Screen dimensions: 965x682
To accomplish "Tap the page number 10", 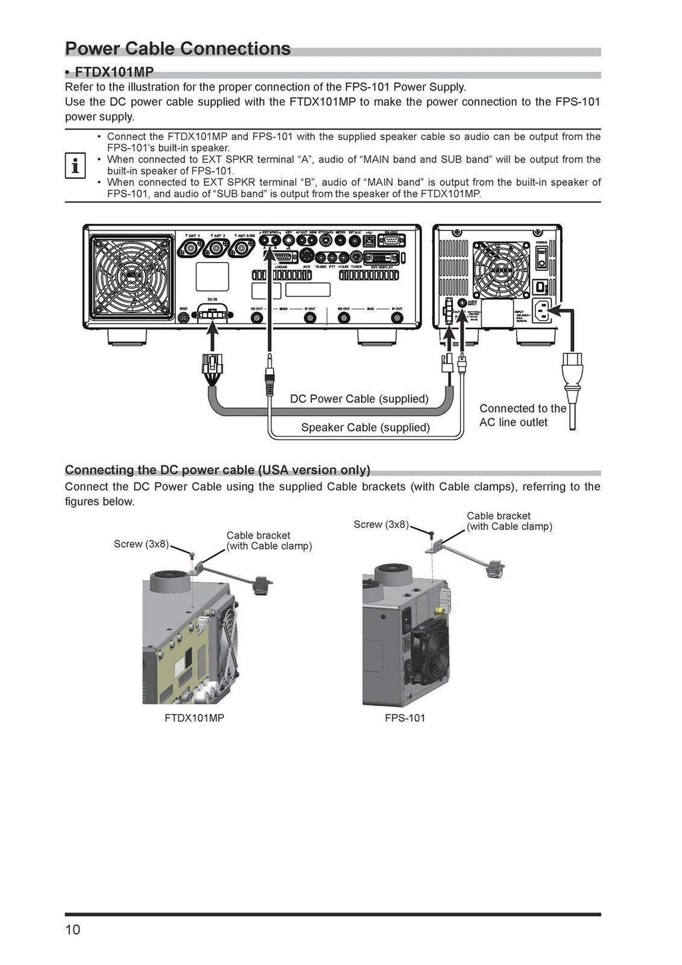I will (x=73, y=930).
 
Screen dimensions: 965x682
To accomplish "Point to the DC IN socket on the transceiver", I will (x=212, y=314).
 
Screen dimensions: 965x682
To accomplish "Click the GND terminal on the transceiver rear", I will (x=184, y=318).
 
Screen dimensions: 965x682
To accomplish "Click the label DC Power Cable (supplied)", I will (x=359, y=399).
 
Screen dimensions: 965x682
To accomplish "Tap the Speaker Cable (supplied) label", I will (x=365, y=428).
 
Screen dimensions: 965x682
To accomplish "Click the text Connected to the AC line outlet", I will (x=522, y=416).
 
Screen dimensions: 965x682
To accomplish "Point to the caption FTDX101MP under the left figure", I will (x=194, y=718).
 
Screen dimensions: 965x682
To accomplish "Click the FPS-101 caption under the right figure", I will (x=405, y=718).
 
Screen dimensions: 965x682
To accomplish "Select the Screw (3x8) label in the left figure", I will (x=141, y=544).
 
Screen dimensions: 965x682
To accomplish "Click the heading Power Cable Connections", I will (x=178, y=49).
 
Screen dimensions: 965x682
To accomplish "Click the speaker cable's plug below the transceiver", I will (x=269, y=380).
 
